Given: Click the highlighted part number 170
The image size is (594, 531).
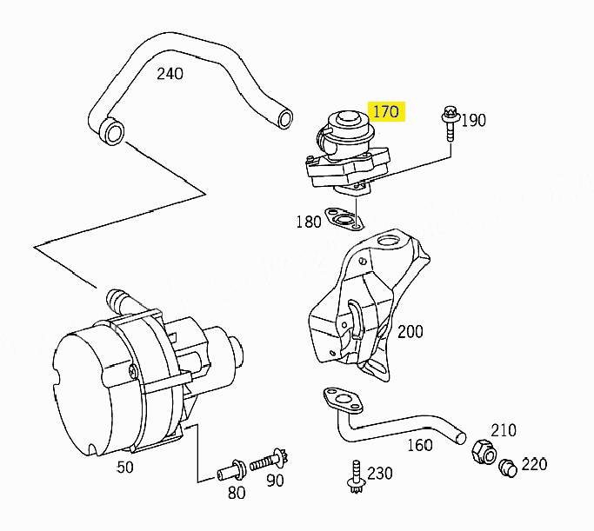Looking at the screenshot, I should click(385, 111).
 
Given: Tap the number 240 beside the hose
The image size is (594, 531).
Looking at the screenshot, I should click(170, 73).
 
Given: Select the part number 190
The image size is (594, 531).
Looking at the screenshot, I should click(473, 120).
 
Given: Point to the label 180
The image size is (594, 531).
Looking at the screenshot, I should click(309, 222).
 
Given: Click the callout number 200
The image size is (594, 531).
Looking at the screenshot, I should click(410, 331).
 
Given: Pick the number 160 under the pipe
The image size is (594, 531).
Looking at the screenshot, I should click(419, 445).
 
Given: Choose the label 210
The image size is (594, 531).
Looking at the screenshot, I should click(503, 430).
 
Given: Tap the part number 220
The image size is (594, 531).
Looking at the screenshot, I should click(534, 464).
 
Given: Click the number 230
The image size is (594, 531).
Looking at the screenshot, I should click(380, 473).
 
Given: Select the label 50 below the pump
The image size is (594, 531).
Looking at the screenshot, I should click(125, 467).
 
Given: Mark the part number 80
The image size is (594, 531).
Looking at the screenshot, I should click(236, 493).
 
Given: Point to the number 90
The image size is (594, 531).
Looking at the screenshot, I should click(275, 480).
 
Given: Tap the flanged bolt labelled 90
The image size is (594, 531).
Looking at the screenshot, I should click(270, 461).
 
